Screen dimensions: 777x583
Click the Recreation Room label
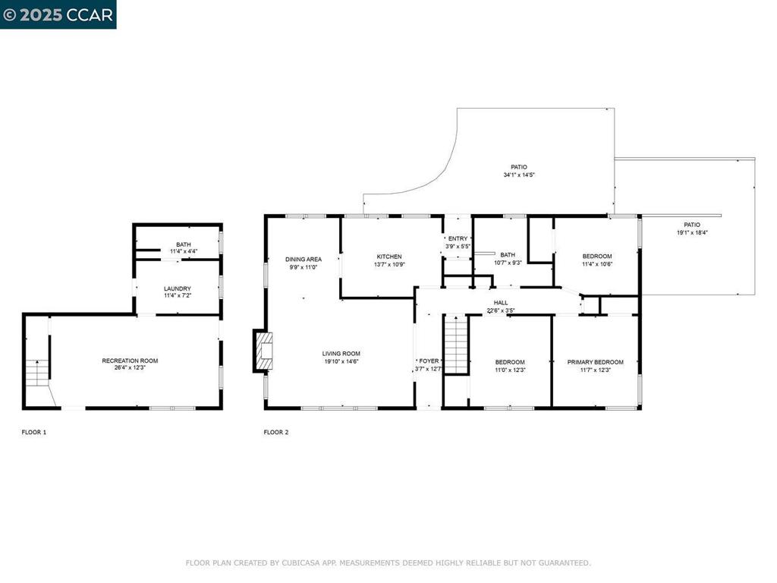pos(130,361)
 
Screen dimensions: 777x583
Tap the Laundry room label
pos(178,288)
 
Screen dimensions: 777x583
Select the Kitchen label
pos(389,257)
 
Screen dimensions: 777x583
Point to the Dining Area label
pos(304,260)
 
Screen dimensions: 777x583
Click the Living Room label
pos(341,354)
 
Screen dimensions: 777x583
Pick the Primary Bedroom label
pos(595,362)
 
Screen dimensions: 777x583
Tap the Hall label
pos(501,303)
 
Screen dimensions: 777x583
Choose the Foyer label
pos(429,361)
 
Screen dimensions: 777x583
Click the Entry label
pos(458,239)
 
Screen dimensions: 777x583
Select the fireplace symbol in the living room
pos(263,351)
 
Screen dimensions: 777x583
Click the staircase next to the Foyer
pos(456,344)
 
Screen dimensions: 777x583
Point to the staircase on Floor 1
pos(38,373)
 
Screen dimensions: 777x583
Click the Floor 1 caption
pos(33,432)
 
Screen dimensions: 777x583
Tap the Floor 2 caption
pos(276,432)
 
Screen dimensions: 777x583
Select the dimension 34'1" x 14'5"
pos(519,175)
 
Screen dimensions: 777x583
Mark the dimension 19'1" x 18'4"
pos(692,232)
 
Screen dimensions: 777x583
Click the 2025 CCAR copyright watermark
pos(58,15)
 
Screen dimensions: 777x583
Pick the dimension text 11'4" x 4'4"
pos(184,251)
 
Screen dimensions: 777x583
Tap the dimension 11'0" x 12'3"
pos(510,370)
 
